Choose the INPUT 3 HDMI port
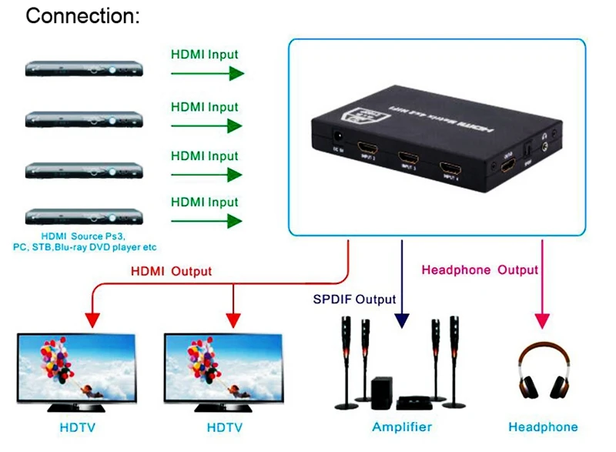[x=407, y=160]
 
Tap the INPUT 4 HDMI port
[x=449, y=169]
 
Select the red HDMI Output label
[x=171, y=271]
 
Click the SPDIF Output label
[x=354, y=299]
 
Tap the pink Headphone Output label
[x=480, y=270]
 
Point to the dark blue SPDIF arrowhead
[x=401, y=321]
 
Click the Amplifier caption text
[x=402, y=427]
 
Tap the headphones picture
[x=544, y=373]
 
